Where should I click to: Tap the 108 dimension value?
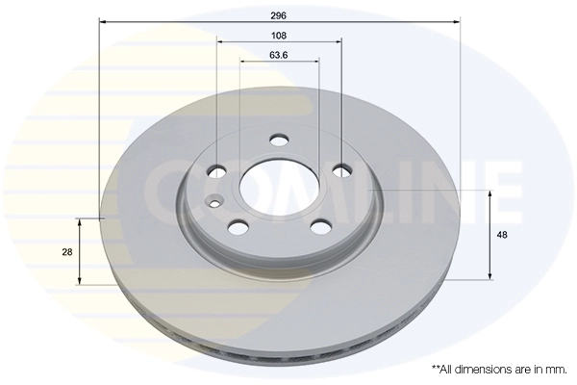[x=279, y=35]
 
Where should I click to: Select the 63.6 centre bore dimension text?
[x=279, y=55]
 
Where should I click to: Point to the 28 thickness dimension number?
[x=67, y=251]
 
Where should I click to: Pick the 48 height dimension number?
[x=502, y=235]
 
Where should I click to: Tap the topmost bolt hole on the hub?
[x=279, y=141]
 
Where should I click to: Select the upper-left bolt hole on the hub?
[x=218, y=171]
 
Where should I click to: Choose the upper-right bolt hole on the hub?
[x=341, y=171]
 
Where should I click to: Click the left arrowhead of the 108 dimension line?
[x=220, y=41]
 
